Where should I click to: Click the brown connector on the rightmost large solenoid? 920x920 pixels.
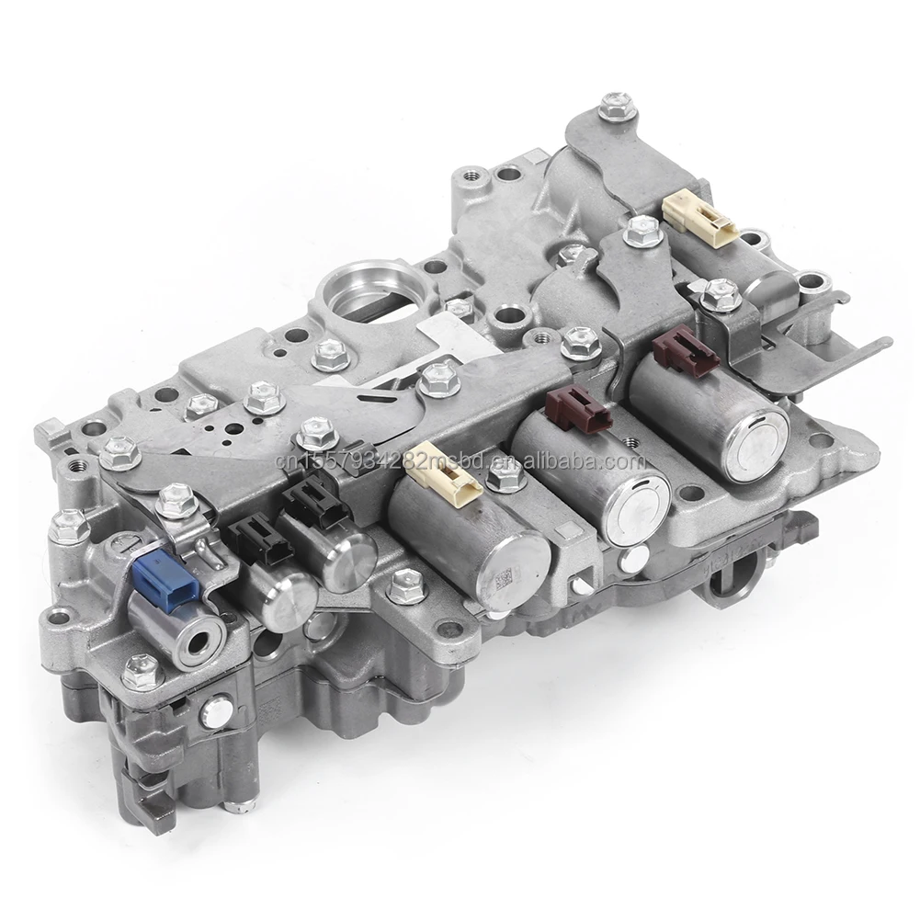pos(685,350)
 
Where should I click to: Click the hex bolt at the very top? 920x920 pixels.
pos(617,106)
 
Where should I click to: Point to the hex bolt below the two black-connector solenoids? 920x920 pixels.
pos(406,585)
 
